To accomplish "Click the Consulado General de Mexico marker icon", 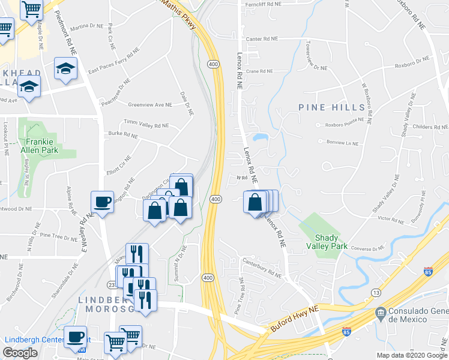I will [380, 313].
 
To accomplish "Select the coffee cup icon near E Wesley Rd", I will [102, 202].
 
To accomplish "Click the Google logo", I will [20, 353].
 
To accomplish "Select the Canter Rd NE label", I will [262, 38].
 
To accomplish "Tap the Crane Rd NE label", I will [259, 71].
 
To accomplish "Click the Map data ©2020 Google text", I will [411, 355].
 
